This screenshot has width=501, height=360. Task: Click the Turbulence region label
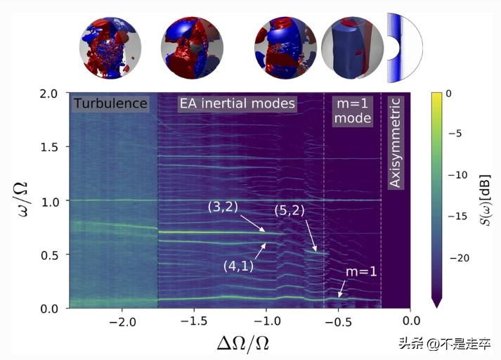click(x=110, y=104)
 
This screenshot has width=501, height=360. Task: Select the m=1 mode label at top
click(x=352, y=110)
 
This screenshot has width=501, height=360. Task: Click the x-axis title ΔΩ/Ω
click(x=239, y=343)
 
